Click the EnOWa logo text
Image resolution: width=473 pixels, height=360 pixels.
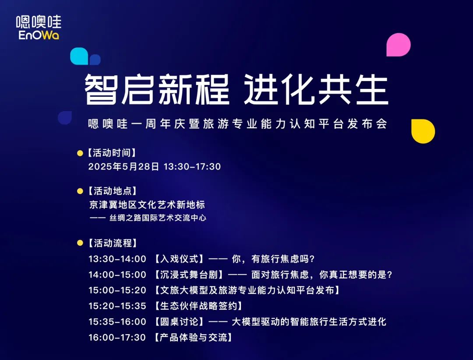(x=39, y=35)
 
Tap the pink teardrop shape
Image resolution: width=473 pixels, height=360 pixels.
(x=399, y=45)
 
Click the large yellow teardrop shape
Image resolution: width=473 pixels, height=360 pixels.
(x=423, y=131)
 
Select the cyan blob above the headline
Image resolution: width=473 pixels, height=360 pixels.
(x=79, y=56)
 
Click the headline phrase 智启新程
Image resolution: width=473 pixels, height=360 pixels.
(x=157, y=90)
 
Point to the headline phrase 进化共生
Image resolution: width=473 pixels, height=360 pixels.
(x=316, y=90)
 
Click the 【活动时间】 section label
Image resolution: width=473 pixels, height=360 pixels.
(x=112, y=153)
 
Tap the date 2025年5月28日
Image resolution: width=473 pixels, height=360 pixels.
(x=124, y=166)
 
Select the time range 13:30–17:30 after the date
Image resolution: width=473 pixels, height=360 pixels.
(x=192, y=166)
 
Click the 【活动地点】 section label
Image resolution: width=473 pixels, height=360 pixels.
(x=112, y=191)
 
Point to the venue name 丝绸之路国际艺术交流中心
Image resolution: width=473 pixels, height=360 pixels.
(x=158, y=218)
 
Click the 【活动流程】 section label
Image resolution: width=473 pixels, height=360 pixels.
(x=112, y=243)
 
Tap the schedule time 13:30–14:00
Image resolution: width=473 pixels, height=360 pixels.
(x=117, y=259)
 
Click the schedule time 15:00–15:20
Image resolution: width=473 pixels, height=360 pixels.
(x=117, y=290)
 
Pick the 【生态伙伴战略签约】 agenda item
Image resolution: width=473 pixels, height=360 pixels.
(x=198, y=306)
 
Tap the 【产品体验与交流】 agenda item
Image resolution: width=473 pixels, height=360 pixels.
(x=194, y=337)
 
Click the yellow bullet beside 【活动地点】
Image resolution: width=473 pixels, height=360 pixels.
(x=80, y=191)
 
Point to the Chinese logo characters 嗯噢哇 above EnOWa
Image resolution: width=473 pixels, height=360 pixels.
(x=39, y=22)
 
